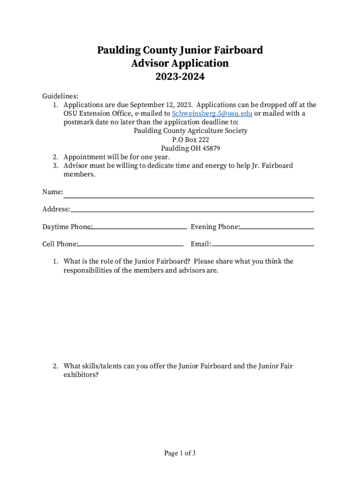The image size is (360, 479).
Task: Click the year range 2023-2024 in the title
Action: coord(180,77)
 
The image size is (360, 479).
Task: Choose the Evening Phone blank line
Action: coord(277,228)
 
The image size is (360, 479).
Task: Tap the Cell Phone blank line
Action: coord(130,245)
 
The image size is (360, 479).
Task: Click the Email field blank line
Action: coord(262,245)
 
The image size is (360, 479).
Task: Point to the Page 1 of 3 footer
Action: coord(180,453)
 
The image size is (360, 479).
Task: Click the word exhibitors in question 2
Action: coord(81,375)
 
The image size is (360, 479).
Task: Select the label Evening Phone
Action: coord(215,227)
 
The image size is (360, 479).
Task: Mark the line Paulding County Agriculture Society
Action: coord(191,131)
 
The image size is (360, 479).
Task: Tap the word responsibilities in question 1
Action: coord(87,270)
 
